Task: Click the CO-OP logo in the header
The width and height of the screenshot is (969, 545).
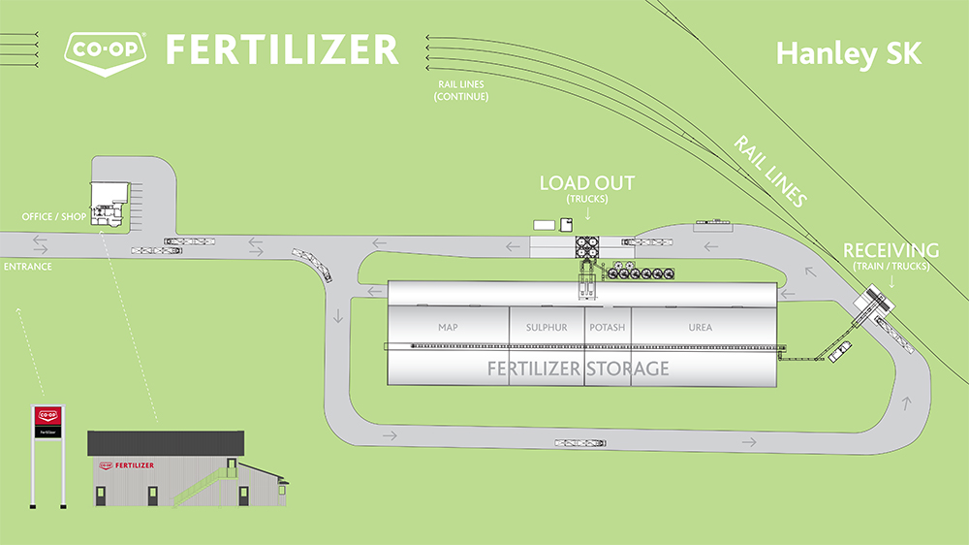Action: click(105, 49)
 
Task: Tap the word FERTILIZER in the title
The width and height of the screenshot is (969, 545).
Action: click(281, 49)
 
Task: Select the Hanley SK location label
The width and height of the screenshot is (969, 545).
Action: click(848, 54)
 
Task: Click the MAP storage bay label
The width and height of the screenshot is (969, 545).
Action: click(448, 328)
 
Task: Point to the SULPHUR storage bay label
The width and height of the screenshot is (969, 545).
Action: click(547, 328)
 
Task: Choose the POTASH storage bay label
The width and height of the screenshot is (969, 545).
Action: click(608, 328)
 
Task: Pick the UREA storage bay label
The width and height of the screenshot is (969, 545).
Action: click(700, 328)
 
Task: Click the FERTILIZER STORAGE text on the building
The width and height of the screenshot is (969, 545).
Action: click(578, 369)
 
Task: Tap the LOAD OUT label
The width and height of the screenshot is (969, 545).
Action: click(587, 183)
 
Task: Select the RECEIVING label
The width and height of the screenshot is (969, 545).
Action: click(891, 251)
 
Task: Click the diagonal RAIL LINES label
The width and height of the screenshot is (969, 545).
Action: click(770, 171)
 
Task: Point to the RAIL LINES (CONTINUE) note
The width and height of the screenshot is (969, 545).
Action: click(461, 90)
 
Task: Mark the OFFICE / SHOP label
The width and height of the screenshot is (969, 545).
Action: click(54, 216)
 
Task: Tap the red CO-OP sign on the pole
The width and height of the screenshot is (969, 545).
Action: click(47, 415)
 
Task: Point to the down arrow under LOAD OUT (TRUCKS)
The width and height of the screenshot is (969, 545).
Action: click(587, 210)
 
